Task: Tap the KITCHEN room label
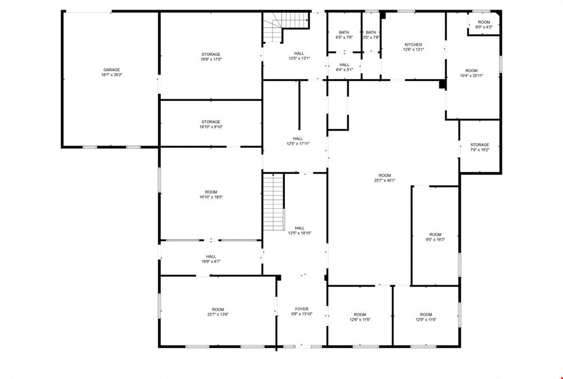pos(414,45)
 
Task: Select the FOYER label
pos(302,309)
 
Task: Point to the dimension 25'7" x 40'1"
pos(384,181)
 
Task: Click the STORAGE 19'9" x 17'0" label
pos(211,57)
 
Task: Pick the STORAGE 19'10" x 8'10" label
pos(211,124)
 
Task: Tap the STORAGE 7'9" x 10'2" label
pos(480,147)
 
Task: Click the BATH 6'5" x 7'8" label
pos(344,35)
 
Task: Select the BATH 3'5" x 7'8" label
pos(371,35)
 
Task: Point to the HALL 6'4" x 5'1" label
pos(344,67)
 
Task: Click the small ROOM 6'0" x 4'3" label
pos(484,24)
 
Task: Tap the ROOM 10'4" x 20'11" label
pos(471,73)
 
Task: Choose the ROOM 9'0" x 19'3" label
pos(435,237)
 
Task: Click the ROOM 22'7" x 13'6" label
pos(218,312)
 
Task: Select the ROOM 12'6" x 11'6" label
pos(360,317)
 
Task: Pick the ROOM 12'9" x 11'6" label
pos(426,317)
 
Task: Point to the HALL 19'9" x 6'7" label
pos(211,259)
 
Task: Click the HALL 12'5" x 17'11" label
pos(298,141)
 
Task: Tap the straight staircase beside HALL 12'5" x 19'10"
pos(274,202)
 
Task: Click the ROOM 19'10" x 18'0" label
pos(211,194)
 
